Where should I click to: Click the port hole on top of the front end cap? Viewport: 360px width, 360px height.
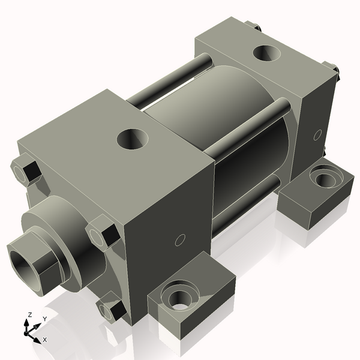click(x=131, y=140)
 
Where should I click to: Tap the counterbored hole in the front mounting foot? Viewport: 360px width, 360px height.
click(x=179, y=298)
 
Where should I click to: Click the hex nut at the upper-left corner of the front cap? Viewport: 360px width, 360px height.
click(x=26, y=169)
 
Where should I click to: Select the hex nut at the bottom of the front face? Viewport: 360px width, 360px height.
click(x=112, y=308)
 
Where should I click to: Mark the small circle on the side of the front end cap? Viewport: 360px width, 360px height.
click(x=178, y=241)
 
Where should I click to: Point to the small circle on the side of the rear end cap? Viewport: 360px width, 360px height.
click(x=317, y=134)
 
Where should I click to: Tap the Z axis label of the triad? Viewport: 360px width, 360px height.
click(x=29, y=315)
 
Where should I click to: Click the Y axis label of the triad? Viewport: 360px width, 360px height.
click(x=44, y=319)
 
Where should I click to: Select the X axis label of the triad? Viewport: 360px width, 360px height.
click(x=44, y=340)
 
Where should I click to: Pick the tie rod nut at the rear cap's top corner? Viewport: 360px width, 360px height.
click(x=254, y=26)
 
